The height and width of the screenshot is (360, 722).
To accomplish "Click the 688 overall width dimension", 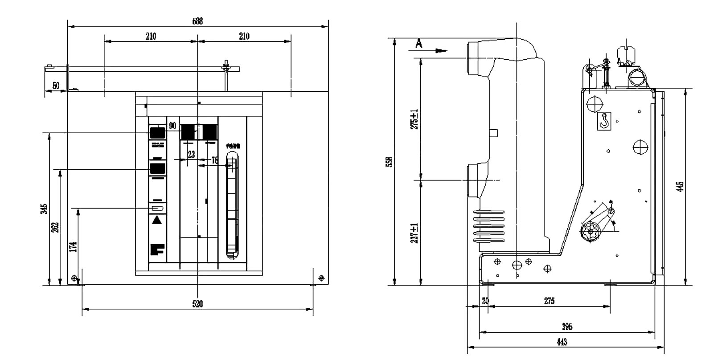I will pos(197,21).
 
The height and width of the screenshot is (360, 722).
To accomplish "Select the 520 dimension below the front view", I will pos(197,304).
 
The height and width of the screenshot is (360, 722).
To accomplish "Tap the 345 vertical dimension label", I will pos(43,209).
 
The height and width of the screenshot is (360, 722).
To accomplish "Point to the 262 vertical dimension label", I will pos(55,227).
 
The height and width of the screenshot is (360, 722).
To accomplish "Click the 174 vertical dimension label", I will pos(74,246).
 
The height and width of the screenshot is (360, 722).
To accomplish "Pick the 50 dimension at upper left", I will pos(56,86).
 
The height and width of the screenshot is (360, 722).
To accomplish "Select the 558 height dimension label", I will pos(388,162).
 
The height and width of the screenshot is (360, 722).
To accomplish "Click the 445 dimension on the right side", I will pos(679,186).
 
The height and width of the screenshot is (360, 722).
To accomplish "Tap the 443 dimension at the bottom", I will pos(562,342).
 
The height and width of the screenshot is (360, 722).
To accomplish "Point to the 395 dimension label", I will pos(567,327).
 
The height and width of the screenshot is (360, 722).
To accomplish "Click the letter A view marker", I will pos(418,44).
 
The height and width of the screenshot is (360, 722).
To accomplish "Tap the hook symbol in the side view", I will pos(604,120).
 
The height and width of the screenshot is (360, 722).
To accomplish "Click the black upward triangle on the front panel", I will pos(157,220).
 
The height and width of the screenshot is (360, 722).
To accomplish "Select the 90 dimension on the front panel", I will pos(172,126).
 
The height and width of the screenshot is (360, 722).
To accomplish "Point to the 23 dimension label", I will pos(191,155).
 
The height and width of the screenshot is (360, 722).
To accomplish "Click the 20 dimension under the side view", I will pos(485,301).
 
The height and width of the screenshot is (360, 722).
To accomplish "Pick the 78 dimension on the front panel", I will pos(215,160).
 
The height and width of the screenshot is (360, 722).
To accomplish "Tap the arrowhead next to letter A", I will pos(441,51).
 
